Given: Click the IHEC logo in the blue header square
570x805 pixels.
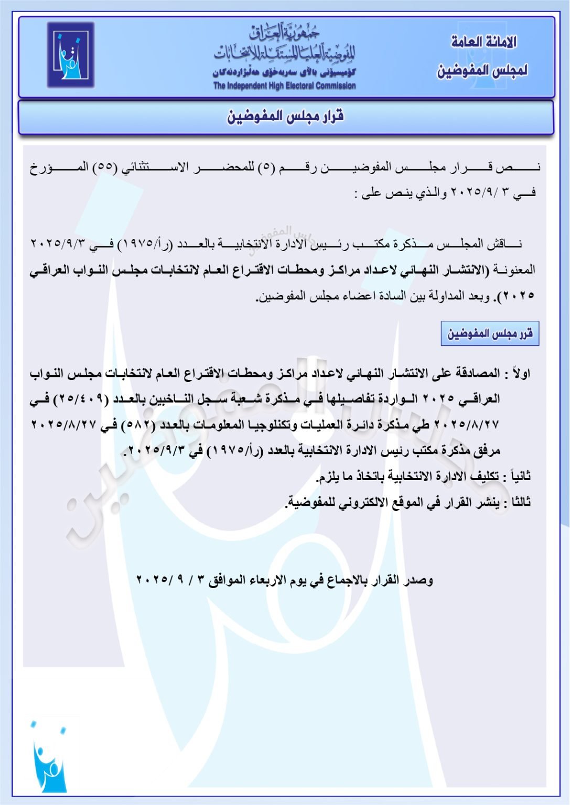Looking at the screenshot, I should coord(71,55).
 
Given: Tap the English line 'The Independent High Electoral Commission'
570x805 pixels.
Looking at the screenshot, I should coord(284,86).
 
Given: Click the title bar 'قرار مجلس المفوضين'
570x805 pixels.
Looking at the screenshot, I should coord(285,116).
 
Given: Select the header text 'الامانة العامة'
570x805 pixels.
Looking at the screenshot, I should coord(483,42).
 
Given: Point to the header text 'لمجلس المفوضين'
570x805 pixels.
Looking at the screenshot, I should coord(482,70).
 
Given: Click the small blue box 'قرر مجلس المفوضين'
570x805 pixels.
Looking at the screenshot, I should coord(490,334).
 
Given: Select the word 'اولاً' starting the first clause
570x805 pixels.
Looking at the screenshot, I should coord(521,374).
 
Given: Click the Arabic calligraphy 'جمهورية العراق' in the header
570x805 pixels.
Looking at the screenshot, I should coord(284,34).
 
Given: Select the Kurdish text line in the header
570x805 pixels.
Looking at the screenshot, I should coord(284,72).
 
